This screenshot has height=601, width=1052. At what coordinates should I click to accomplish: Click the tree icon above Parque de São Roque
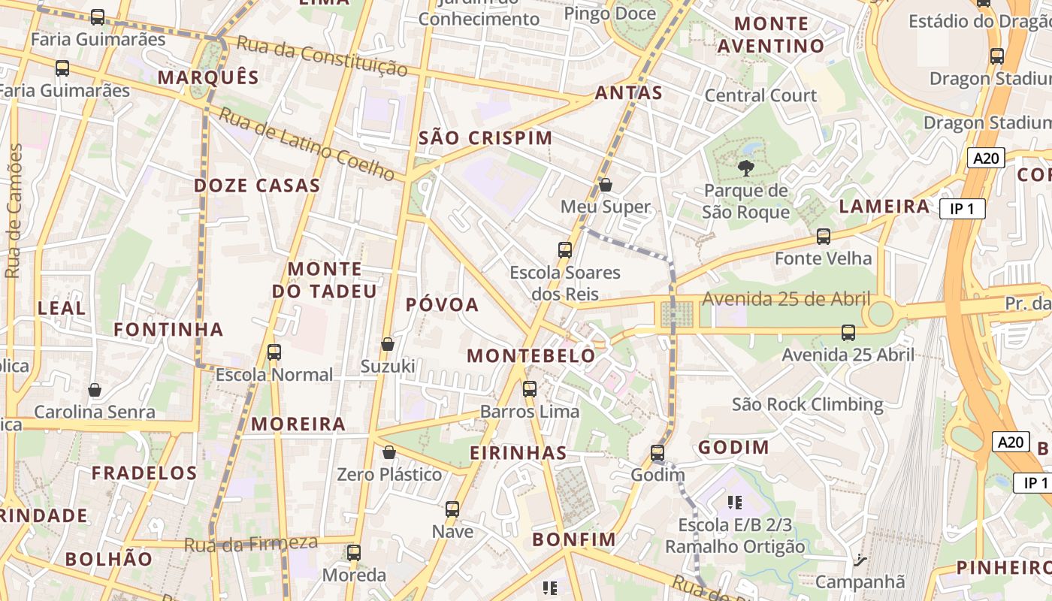pyautogui.click(x=745, y=168)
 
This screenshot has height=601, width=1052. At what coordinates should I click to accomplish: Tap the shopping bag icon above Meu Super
pyautogui.click(x=605, y=184)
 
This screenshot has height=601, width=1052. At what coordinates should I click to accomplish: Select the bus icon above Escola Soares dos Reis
pyautogui.click(x=565, y=250)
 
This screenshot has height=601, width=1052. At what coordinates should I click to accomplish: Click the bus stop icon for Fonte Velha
pyautogui.click(x=823, y=237)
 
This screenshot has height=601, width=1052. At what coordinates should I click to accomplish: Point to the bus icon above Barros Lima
pyautogui.click(x=530, y=389)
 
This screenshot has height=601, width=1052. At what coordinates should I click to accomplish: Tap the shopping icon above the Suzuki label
pyautogui.click(x=388, y=344)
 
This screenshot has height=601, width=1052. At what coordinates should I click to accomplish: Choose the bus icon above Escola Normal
pyautogui.click(x=274, y=352)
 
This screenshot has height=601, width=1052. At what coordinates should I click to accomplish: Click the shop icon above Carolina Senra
pyautogui.click(x=95, y=390)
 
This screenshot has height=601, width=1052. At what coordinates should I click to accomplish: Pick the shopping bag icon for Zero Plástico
pyautogui.click(x=388, y=452)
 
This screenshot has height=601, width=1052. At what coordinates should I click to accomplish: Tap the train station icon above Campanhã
pyautogui.click(x=859, y=560)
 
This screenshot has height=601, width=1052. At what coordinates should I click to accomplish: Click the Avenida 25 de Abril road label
pyautogui.click(x=786, y=299)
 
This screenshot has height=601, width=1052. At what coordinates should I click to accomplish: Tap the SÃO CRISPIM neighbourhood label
pyautogui.click(x=485, y=138)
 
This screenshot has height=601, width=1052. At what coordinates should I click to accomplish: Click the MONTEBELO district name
pyautogui.click(x=531, y=356)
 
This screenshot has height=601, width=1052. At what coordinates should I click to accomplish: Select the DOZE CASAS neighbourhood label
pyautogui.click(x=257, y=186)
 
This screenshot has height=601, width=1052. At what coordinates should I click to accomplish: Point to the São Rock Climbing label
pyautogui.click(x=808, y=405)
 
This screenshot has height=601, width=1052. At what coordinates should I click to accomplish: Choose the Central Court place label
pyautogui.click(x=760, y=95)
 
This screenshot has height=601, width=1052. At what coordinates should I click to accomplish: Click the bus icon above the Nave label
pyautogui.click(x=452, y=509)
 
